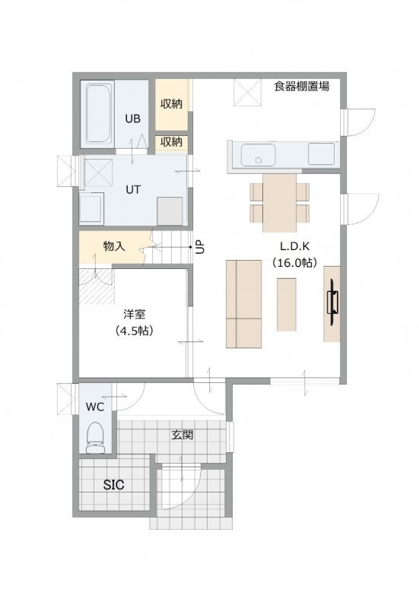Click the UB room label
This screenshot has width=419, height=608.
[132, 119]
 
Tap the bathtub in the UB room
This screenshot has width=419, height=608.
[100, 114]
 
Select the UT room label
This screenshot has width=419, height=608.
[132, 189]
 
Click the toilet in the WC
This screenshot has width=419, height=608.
[95, 438]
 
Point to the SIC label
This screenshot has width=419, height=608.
[113, 485]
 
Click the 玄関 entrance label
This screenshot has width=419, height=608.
[183, 435]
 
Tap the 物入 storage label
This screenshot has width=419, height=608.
[114, 245]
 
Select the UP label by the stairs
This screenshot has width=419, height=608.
[199, 246]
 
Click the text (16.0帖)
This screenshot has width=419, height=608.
[295, 262]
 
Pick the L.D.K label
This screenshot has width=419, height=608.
[295, 246]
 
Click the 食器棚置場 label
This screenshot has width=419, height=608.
[302, 86]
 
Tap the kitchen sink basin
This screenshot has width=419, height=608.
[259, 155]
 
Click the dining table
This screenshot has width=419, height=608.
[279, 202]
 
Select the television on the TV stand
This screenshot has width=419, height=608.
[333, 302]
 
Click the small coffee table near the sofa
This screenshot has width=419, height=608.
[287, 305]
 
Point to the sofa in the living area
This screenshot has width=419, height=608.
[243, 303]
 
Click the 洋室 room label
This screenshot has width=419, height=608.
[135, 314]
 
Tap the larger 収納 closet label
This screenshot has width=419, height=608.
[171, 103]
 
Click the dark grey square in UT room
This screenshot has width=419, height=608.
[170, 211]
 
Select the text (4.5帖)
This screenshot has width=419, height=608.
[135, 331]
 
